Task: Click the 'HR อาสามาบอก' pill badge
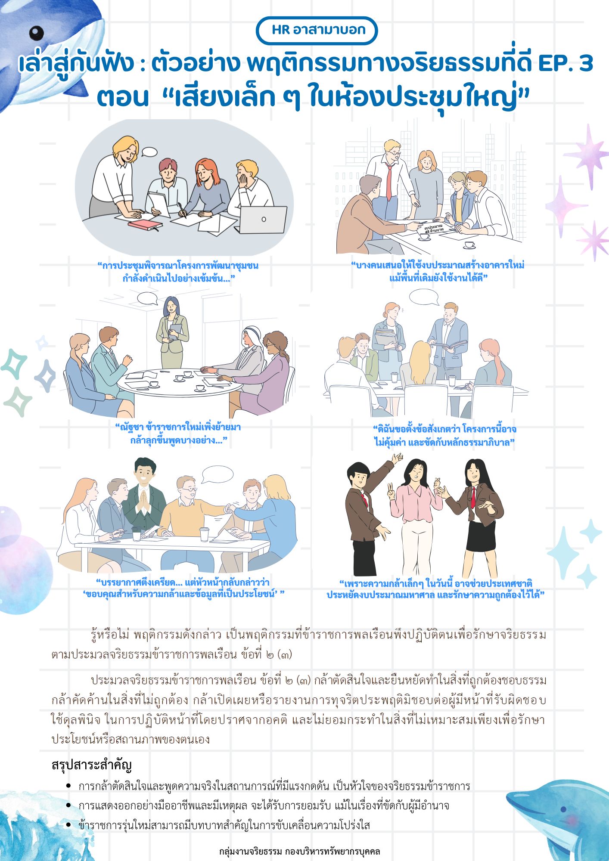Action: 317,30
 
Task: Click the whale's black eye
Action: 37,32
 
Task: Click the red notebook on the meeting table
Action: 145,225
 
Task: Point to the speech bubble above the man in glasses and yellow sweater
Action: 217,474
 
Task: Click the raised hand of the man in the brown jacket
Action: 397,458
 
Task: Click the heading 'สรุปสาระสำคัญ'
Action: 91,765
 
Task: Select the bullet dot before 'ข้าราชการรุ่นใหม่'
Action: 68,825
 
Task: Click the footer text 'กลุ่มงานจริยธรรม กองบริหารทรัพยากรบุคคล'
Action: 299,851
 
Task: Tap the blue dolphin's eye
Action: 563,809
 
